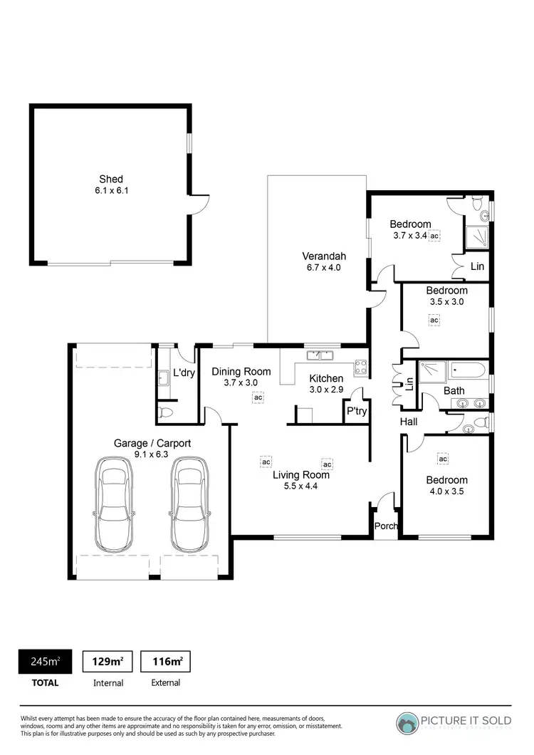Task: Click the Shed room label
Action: [110, 179]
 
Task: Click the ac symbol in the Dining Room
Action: [258, 397]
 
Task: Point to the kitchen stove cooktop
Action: [361, 368]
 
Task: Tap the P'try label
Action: [356, 411]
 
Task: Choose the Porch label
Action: [385, 526]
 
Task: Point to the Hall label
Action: [408, 422]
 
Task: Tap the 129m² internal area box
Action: [108, 662]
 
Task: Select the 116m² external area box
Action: [165, 662]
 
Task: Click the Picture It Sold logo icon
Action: [409, 722]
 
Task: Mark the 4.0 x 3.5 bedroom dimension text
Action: [447, 491]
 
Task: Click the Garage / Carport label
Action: [152, 443]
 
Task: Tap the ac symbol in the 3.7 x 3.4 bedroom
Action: [434, 235]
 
